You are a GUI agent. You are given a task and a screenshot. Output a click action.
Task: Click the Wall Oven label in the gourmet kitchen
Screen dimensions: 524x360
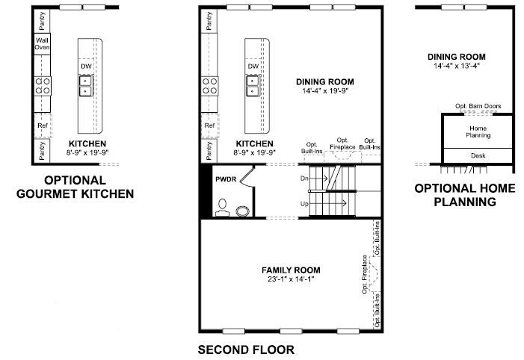coord(43,44)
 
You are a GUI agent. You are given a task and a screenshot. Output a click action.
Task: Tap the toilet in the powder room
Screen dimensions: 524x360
coord(222,208)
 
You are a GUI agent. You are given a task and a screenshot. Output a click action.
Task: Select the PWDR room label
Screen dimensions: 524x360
coord(226,179)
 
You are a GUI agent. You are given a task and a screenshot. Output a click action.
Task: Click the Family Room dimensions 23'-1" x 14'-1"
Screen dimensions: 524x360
coord(291,279)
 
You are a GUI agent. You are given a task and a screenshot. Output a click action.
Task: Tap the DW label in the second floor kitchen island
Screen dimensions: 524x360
coord(253,66)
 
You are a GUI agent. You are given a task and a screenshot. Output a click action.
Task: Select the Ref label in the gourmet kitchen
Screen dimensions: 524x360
coord(43,125)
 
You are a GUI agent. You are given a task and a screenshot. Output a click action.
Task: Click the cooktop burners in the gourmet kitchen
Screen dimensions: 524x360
coord(43,86)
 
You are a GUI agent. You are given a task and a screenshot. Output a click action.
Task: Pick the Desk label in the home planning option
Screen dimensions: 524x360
coord(478,155)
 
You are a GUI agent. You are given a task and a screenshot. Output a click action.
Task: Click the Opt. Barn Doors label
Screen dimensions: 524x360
coord(478,106)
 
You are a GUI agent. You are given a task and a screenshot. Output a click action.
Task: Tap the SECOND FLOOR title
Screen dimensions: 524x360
coord(246,350)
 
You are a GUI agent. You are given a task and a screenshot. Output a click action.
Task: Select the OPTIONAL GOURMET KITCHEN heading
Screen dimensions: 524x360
coord(75,187)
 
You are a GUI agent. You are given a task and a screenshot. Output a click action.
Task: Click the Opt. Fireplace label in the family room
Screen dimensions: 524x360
coord(365,275)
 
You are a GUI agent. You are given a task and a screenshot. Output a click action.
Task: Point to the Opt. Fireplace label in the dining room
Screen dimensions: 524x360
coord(342,143)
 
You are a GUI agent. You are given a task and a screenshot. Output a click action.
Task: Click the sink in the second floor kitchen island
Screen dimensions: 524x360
coord(253,86)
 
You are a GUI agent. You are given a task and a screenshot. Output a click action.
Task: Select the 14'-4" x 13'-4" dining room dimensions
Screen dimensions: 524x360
coord(457,66)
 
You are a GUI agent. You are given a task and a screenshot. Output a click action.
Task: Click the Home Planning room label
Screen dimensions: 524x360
coord(478,131)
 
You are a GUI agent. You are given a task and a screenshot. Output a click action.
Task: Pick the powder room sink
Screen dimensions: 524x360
coord(243,211)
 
